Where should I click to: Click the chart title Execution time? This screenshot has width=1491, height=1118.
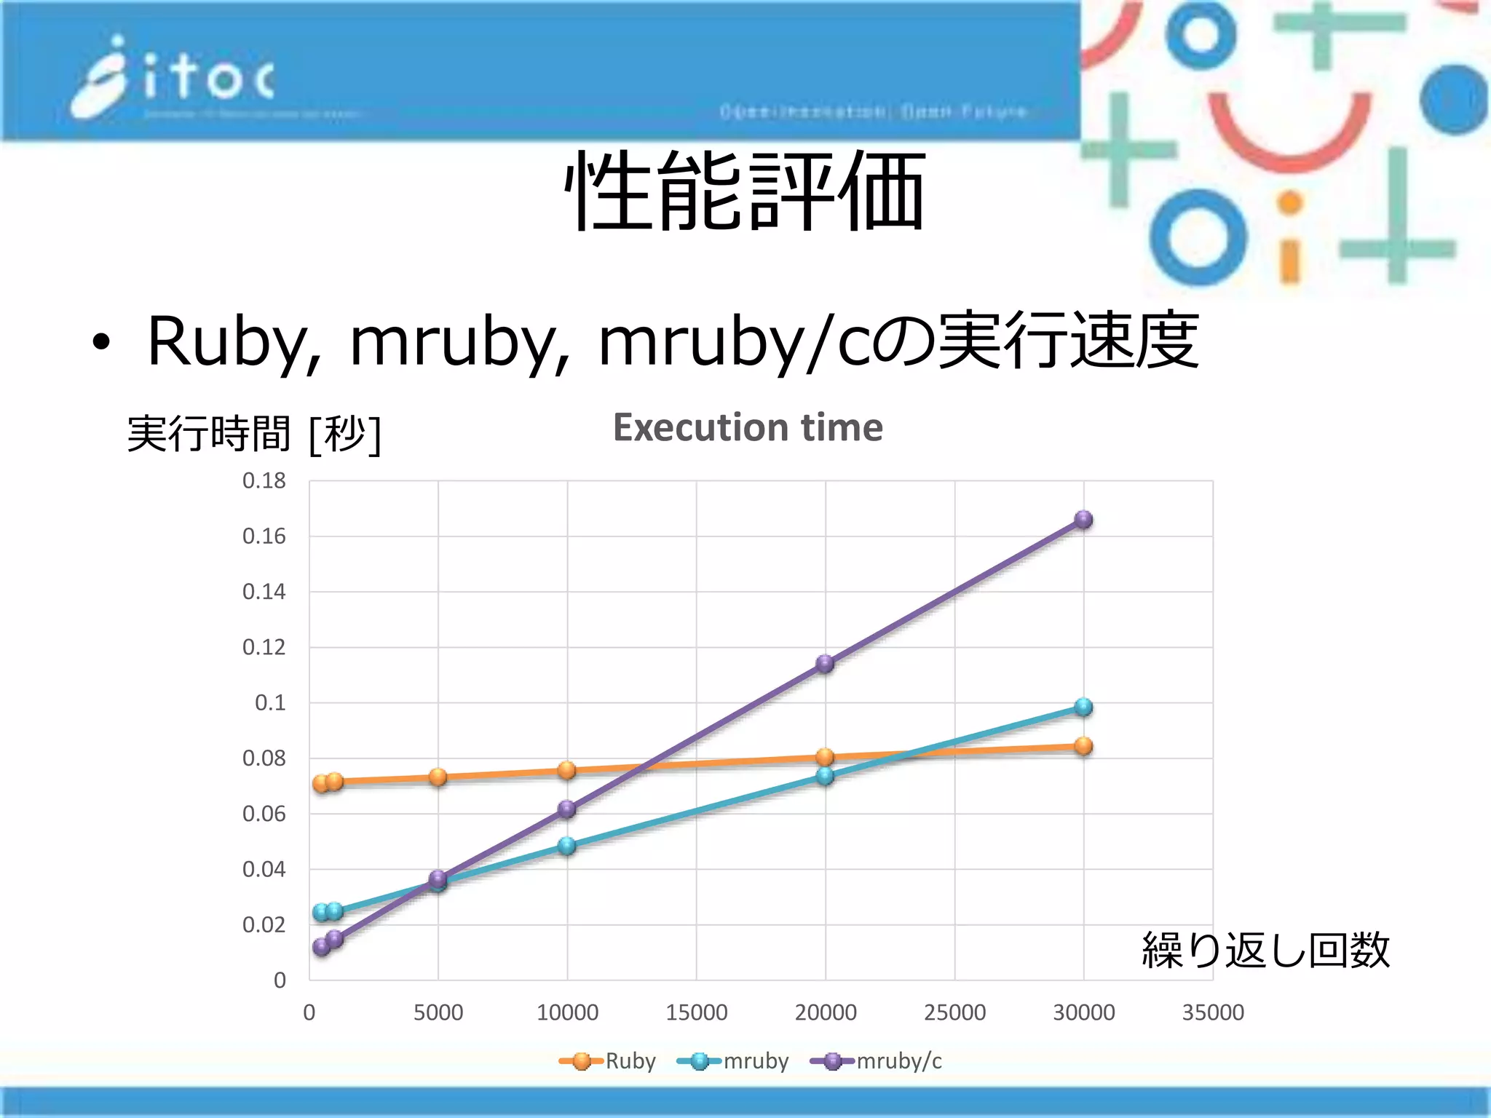[x=748, y=427]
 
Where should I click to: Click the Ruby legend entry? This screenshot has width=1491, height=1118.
[x=608, y=1061]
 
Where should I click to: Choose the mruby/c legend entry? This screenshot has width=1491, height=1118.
[x=877, y=1061]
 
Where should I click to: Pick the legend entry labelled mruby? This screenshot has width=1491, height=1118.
[x=733, y=1061]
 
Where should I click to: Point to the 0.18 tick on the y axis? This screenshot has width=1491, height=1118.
[x=264, y=480]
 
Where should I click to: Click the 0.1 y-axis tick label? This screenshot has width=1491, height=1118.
[x=270, y=702]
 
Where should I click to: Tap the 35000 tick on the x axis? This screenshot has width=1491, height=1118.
[x=1212, y=1012]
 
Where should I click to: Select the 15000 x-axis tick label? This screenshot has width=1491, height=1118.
[x=696, y=1012]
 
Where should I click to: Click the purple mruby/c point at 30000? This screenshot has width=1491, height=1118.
[x=1083, y=520]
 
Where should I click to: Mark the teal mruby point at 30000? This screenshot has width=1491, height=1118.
[x=1083, y=707]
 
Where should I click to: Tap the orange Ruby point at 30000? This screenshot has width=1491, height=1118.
[x=1083, y=746]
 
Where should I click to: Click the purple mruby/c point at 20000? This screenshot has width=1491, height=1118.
[x=825, y=663]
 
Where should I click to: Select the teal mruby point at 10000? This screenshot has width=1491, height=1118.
[x=567, y=846]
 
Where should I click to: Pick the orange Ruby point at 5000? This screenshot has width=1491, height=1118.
[x=438, y=777]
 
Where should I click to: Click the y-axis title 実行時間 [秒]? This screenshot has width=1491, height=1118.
[x=253, y=434]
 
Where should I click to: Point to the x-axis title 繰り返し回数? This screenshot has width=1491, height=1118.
[x=1265, y=950]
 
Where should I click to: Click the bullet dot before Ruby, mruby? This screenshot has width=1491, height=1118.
[x=101, y=342]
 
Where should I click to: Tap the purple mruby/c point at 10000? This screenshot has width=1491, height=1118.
[x=567, y=809]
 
